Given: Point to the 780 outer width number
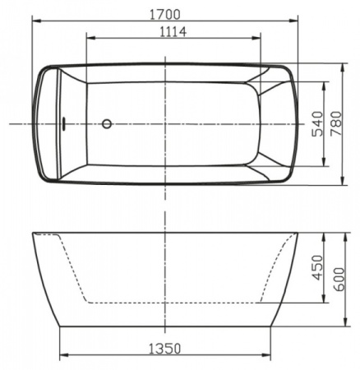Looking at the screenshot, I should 335,123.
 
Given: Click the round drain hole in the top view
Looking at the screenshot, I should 105,124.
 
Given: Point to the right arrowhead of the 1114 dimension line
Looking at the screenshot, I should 260,38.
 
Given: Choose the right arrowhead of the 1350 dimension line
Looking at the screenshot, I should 270,357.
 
